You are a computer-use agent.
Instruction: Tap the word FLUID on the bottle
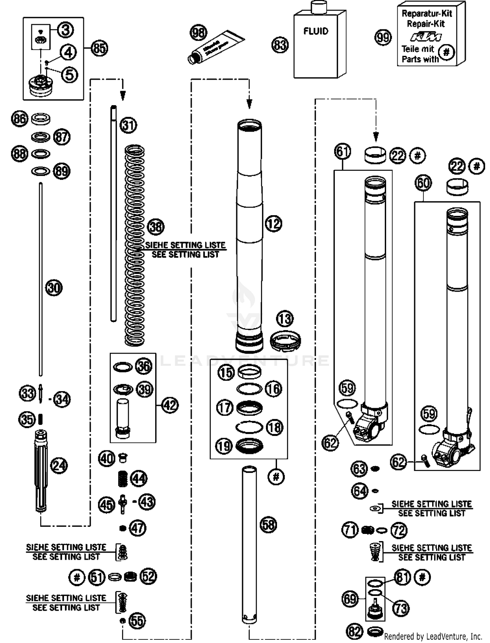tap(316, 31)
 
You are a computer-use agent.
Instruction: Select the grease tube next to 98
tap(216, 47)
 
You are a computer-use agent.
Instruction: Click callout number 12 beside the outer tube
tap(273, 224)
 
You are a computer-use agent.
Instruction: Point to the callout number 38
tap(155, 227)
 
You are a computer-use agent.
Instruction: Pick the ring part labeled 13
tap(285, 341)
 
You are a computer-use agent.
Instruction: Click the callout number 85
tap(99, 48)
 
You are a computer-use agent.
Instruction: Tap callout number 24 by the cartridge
tap(59, 466)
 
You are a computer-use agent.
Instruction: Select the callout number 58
tap(268, 525)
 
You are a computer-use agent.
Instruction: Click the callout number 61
tap(342, 152)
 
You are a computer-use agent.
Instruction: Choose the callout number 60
tap(423, 183)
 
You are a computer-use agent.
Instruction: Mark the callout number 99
tap(383, 38)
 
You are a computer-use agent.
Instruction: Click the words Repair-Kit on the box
tap(426, 24)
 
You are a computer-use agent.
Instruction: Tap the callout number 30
tap(54, 288)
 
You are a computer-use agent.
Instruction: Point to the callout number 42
tap(170, 405)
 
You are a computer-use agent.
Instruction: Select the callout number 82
tap(354, 632)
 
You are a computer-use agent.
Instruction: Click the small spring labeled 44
tap(122, 479)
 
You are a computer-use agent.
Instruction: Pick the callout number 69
tap(350, 599)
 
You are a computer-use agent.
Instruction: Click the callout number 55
tap(137, 621)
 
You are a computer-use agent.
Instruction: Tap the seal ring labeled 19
tap(249, 446)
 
